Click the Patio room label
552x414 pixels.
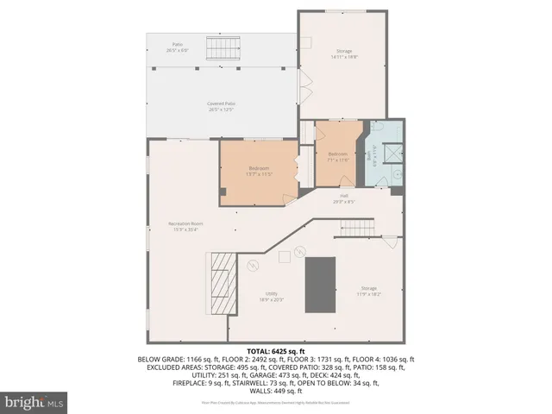(x=178, y=46)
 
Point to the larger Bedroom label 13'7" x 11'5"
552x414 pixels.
(x=260, y=171)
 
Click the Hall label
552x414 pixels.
(x=344, y=198)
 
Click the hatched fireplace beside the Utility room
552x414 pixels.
(x=223, y=285)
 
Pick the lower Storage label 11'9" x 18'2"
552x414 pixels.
(x=368, y=292)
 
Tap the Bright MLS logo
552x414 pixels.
(x=34, y=402)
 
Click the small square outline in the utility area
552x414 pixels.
(x=283, y=255)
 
